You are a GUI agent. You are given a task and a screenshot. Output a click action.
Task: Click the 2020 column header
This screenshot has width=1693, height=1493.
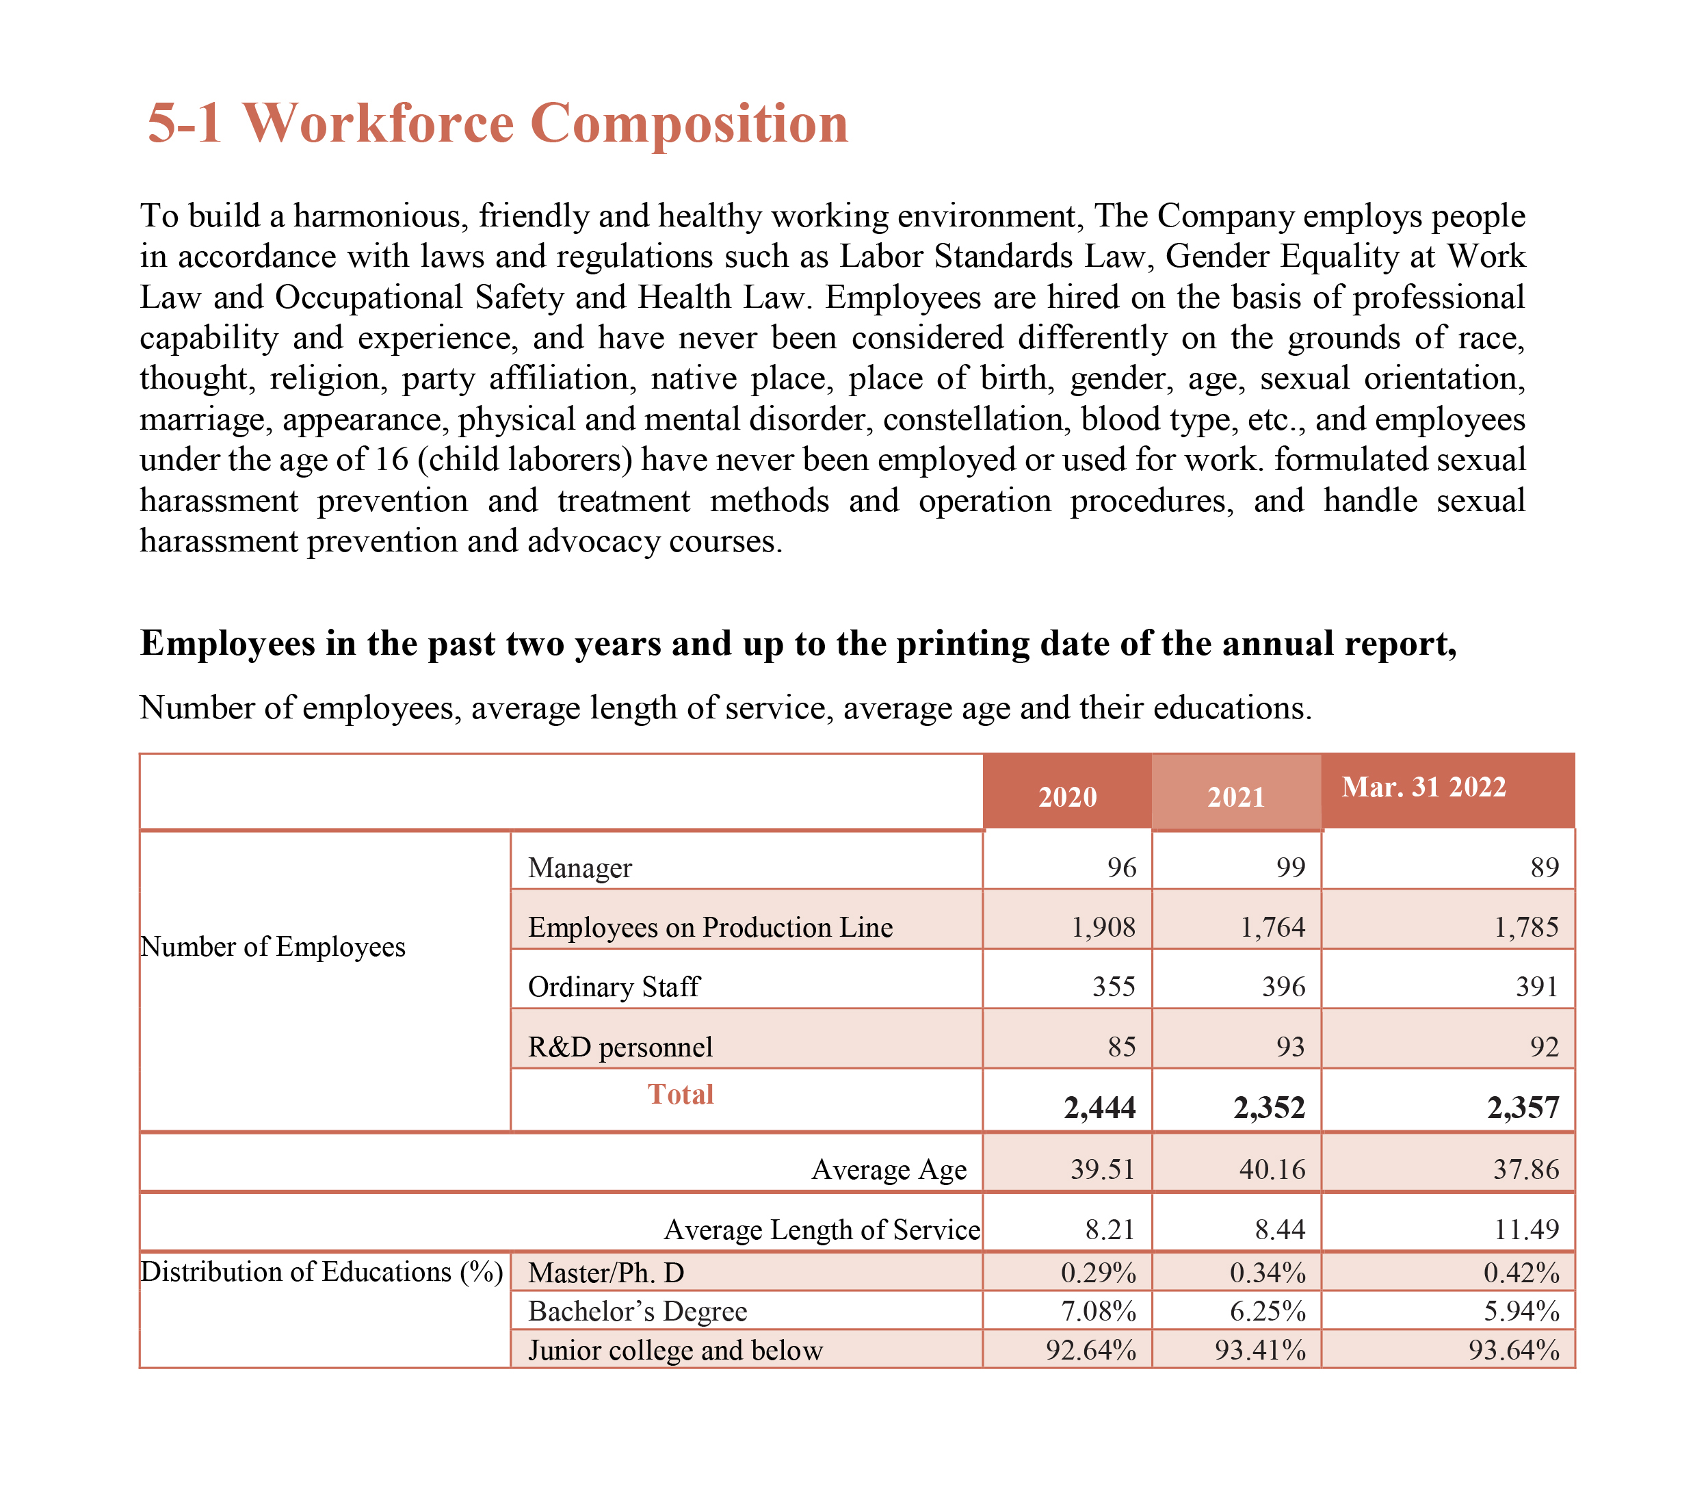pos(1067,796)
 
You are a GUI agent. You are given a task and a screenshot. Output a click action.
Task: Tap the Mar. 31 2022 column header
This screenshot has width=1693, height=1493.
pos(1423,786)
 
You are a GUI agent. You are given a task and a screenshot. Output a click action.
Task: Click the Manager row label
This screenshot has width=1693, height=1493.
pos(580,868)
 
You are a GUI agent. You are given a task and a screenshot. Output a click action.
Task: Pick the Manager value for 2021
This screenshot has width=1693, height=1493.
pos(1291,868)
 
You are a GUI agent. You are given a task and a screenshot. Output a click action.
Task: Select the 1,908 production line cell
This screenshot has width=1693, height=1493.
pos(1103,926)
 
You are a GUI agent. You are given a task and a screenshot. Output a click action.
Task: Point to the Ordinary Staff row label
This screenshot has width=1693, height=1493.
pos(614,987)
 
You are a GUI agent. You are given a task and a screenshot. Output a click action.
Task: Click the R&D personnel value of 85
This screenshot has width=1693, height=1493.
pos(1122,1046)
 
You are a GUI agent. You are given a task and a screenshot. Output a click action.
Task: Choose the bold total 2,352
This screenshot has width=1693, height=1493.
pos(1269,1107)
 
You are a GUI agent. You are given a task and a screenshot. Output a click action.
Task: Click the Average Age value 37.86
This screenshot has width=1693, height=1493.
pos(1525,1169)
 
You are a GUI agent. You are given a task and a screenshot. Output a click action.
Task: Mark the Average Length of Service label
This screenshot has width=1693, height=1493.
pos(822,1230)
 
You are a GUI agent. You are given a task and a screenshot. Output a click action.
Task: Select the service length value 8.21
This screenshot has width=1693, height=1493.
pos(1110,1230)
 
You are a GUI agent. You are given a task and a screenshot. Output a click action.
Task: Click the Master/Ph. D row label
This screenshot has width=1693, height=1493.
pos(606,1272)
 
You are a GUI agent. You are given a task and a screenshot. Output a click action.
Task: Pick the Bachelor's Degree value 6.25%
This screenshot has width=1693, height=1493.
pos(1268,1311)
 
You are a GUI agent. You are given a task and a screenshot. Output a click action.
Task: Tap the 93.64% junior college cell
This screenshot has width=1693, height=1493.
pos(1513,1350)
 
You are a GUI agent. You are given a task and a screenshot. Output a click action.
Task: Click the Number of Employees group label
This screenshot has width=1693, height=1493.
pos(274,946)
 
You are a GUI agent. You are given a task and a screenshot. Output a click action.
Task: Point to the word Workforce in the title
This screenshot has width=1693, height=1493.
pos(378,122)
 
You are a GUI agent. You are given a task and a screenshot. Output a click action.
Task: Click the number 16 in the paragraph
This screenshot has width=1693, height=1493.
pos(392,459)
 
